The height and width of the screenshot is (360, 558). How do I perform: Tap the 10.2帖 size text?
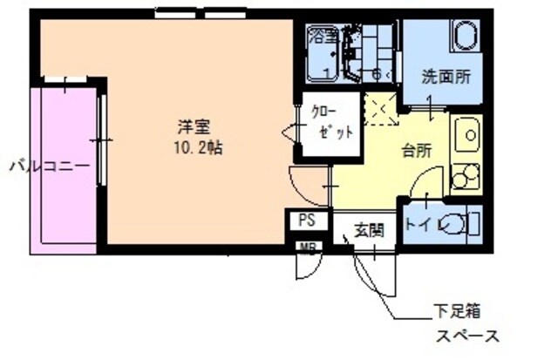point(198,148)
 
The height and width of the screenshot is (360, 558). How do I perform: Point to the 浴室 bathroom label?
point(323,36)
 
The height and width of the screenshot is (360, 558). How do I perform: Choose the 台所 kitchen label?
point(415,149)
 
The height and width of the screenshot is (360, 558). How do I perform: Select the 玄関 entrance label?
point(367,231)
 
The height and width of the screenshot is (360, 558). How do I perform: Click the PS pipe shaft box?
point(307,220)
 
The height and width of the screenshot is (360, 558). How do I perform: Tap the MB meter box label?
point(307,247)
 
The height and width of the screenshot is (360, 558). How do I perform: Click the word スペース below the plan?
point(467,336)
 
